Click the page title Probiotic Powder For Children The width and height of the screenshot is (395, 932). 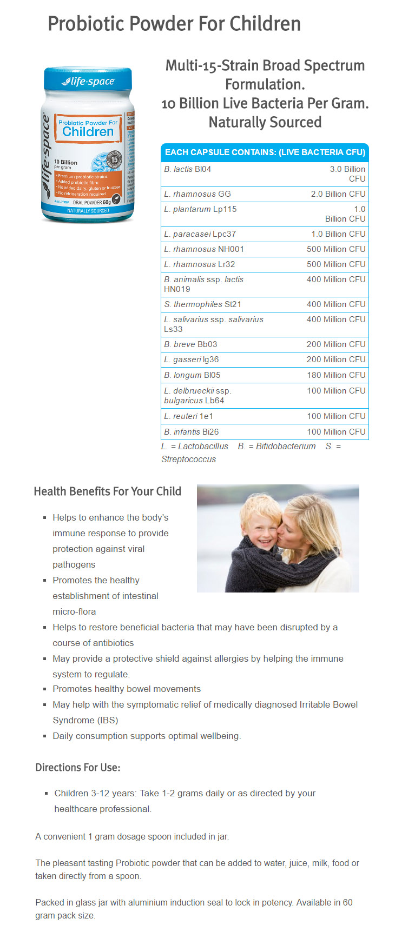(x=174, y=24)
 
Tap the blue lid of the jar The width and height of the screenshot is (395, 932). (x=88, y=79)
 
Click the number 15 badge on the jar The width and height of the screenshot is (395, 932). (x=114, y=159)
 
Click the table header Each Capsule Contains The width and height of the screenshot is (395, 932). (x=265, y=152)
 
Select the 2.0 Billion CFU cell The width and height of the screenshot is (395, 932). (x=338, y=194)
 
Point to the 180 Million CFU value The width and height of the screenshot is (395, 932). (x=336, y=375)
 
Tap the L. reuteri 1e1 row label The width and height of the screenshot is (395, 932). (x=189, y=416)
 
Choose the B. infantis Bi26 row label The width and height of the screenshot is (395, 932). (x=192, y=432)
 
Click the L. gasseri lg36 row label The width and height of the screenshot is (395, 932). (x=192, y=360)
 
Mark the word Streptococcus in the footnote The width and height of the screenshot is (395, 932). (x=188, y=460)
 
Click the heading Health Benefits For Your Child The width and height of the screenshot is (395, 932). (x=108, y=491)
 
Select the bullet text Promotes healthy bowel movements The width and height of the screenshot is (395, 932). (x=127, y=689)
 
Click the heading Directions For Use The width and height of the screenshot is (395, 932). (x=78, y=768)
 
